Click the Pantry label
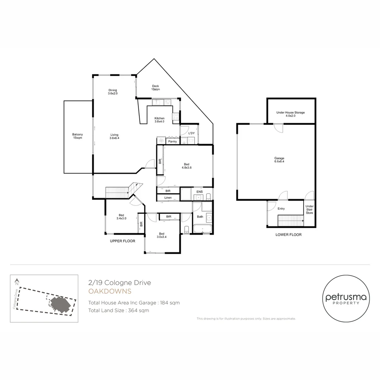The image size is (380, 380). (x=172, y=141)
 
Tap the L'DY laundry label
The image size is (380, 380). (x=191, y=133)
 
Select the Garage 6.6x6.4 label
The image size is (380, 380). (x=279, y=160)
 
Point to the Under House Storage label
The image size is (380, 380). (x=290, y=114)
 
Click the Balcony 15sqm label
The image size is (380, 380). (x=77, y=136)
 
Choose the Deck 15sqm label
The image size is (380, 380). (x=156, y=88)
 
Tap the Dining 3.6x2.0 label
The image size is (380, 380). (x=113, y=91)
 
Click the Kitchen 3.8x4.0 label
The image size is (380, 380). (x=159, y=120)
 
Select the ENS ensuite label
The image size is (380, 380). (x=199, y=192)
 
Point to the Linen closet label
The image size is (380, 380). (x=168, y=198)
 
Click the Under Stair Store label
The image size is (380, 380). (x=310, y=209)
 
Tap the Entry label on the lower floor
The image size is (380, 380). (x=281, y=208)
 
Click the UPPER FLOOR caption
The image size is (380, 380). (x=123, y=241)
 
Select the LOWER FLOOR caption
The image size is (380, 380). (x=289, y=235)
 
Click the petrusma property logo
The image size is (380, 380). (x=346, y=299)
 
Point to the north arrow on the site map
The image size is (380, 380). (x=17, y=281)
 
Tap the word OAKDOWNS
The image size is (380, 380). (x=110, y=291)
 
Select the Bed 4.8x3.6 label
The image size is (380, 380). (x=186, y=166)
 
